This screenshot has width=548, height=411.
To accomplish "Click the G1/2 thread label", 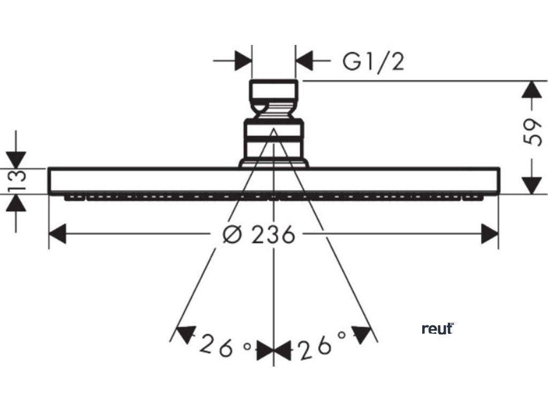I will [x=374, y=62].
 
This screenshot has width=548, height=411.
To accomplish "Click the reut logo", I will [x=437, y=329].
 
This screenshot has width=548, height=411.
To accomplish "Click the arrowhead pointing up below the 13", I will [x=17, y=203].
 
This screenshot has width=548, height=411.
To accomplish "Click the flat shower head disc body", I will [x=161, y=181].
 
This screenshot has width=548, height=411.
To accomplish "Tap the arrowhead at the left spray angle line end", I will [x=185, y=334].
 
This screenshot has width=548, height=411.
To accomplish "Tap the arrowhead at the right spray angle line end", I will [x=363, y=334].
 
